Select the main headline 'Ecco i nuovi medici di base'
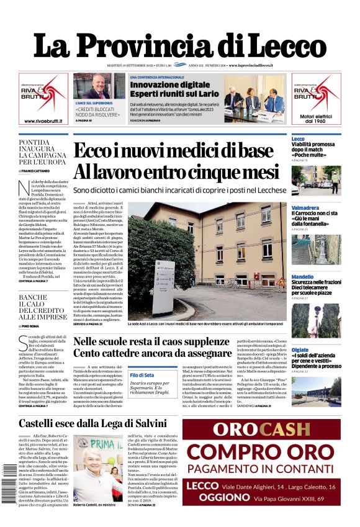point(182,151)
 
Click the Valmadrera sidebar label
point(305,208)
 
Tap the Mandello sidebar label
point(302,277)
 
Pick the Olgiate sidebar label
point(300,350)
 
